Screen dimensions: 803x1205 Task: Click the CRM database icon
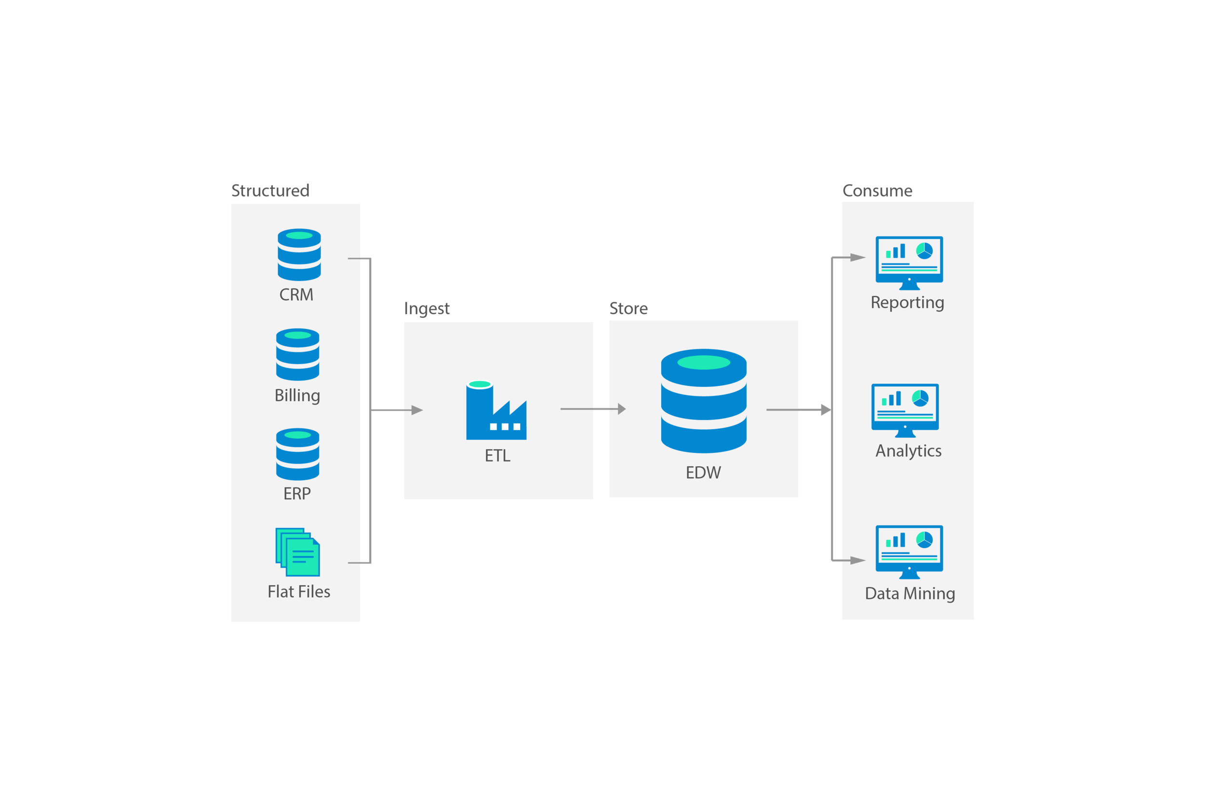pyautogui.click(x=299, y=254)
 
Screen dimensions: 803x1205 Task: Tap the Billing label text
pyautogui.click(x=297, y=395)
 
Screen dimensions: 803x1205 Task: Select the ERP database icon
pyautogui.click(x=298, y=454)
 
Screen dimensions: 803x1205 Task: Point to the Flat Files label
pyautogui.click(x=299, y=592)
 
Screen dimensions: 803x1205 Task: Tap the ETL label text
pyautogui.click(x=497, y=456)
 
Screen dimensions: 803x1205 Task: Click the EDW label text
pyautogui.click(x=703, y=472)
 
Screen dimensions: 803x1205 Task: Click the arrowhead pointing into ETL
pyautogui.click(x=416, y=410)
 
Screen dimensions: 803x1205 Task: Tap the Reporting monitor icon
pyautogui.click(x=909, y=262)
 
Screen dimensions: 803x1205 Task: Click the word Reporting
pyautogui.click(x=907, y=302)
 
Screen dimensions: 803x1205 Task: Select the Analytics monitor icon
pyautogui.click(x=905, y=410)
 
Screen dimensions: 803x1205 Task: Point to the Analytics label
pyautogui.click(x=909, y=451)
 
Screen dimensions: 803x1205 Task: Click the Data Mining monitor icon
pyautogui.click(x=909, y=552)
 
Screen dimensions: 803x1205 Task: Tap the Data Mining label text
pyautogui.click(x=910, y=593)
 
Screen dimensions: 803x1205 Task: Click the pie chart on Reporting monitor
pyautogui.click(x=924, y=250)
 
